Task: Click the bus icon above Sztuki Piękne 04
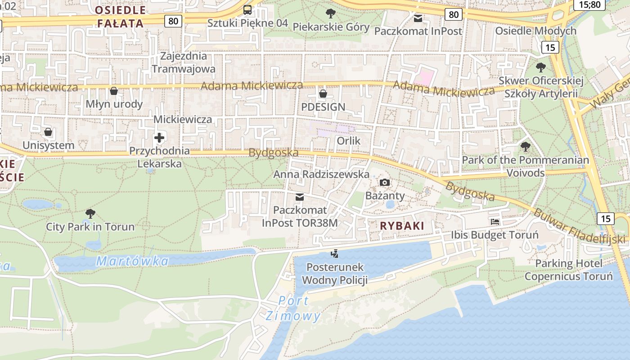click(x=247, y=10)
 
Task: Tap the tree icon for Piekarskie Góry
click(x=331, y=13)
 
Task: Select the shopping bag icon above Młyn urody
click(x=114, y=91)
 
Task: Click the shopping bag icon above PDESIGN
click(x=323, y=94)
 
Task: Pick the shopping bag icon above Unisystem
click(x=48, y=132)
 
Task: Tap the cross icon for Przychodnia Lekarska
click(x=159, y=138)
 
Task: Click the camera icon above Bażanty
click(x=385, y=182)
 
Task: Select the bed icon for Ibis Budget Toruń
click(x=495, y=222)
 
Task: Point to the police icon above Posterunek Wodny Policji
click(x=334, y=254)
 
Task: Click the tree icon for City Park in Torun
click(x=90, y=213)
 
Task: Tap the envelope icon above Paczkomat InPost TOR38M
click(x=300, y=197)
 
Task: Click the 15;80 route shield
click(x=589, y=4)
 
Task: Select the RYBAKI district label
click(x=402, y=226)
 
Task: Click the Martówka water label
click(x=133, y=261)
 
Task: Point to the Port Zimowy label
click(x=293, y=308)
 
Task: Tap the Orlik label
click(x=349, y=141)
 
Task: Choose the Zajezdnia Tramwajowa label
click(x=184, y=63)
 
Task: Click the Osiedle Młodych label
click(x=535, y=31)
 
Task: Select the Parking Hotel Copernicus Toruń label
click(x=569, y=270)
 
